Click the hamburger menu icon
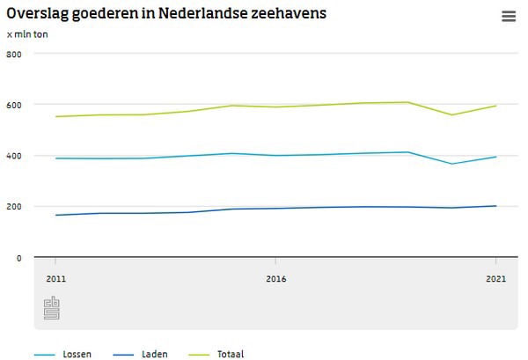(x=508, y=16)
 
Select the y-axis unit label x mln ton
(x=27, y=34)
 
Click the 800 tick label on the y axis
(x=13, y=54)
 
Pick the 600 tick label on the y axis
(x=13, y=105)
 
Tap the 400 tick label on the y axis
(x=13, y=156)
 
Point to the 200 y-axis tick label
(x=13, y=207)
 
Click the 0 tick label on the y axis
(x=18, y=258)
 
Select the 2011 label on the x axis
(x=56, y=278)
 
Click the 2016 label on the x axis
(x=275, y=278)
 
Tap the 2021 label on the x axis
(x=495, y=278)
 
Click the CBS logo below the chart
(x=52, y=309)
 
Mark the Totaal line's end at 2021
(x=495, y=106)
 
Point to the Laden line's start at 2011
(x=56, y=215)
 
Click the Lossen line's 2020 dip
(x=451, y=164)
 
